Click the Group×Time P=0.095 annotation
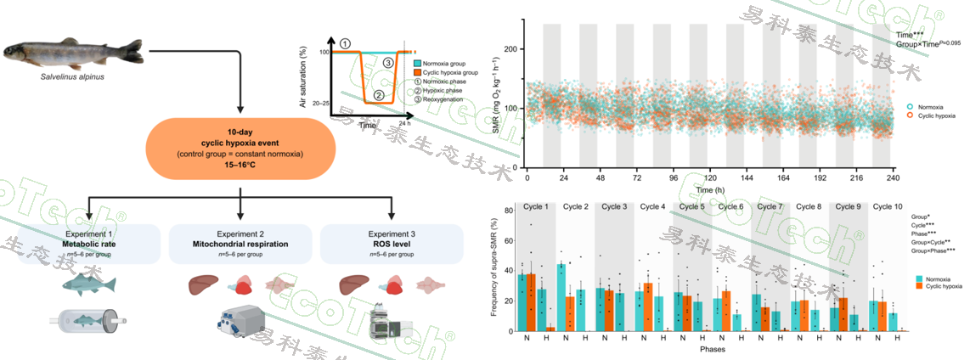coord(928,42)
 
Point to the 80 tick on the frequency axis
coord(508,211)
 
